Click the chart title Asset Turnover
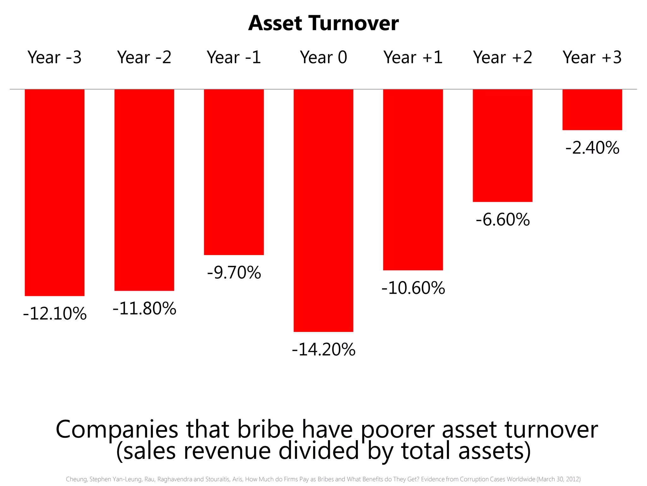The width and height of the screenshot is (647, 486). click(x=323, y=23)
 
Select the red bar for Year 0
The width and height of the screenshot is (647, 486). click(x=323, y=210)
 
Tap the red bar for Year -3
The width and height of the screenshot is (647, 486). click(x=54, y=192)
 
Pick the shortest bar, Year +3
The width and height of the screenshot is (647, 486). click(x=592, y=109)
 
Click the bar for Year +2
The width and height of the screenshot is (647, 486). click(x=502, y=146)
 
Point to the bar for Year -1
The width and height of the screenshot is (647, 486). click(x=234, y=172)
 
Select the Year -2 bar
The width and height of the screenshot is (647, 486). click(x=144, y=190)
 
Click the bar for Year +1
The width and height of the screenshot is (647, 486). click(x=413, y=180)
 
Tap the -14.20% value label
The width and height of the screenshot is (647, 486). click(x=323, y=350)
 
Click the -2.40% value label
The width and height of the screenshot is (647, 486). click(x=592, y=148)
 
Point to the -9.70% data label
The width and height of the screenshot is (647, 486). click(x=234, y=273)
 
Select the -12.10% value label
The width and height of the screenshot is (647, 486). click(x=55, y=314)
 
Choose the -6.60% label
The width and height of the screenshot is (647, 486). click(x=503, y=220)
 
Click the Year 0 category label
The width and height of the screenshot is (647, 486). click(x=323, y=58)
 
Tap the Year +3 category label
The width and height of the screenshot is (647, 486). click(x=592, y=58)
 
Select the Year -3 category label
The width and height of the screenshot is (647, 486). click(x=54, y=58)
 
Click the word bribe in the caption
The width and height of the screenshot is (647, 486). click(x=265, y=430)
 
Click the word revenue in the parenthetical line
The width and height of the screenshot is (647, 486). click(x=227, y=451)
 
